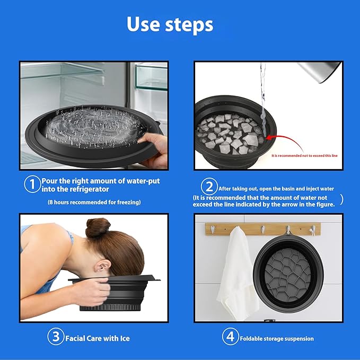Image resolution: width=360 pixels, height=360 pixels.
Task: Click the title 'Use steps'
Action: pos(170,24)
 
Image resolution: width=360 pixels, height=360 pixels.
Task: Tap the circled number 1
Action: pos(32,184)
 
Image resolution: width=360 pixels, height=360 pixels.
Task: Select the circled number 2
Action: pos(209,187)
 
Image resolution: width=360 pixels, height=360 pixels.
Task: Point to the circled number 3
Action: pos(56,337)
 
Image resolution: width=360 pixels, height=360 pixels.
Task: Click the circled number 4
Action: pos(230,337)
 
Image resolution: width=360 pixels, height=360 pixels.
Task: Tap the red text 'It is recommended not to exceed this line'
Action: pos(304,156)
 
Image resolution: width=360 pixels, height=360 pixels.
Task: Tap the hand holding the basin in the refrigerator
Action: pos(153,149)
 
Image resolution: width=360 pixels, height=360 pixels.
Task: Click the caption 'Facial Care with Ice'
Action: pos(98,338)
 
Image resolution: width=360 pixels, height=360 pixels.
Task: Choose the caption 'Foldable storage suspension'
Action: pos(277,339)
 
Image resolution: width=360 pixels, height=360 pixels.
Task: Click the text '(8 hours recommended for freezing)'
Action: pos(94,203)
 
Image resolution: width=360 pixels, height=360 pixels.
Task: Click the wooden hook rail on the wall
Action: pos(263,229)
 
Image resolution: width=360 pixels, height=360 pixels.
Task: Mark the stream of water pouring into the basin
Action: pos(263,101)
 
